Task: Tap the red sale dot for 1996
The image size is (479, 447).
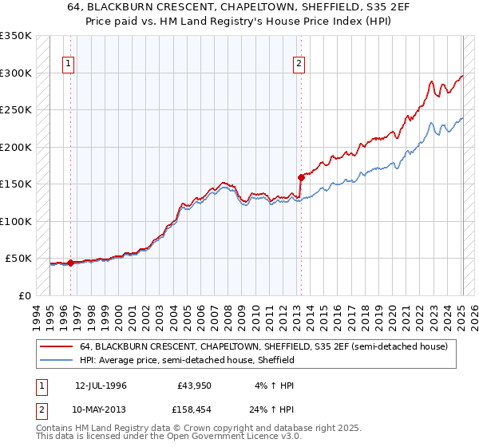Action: point(70,263)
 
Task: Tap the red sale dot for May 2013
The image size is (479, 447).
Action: point(301,177)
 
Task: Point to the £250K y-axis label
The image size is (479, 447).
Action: point(16,109)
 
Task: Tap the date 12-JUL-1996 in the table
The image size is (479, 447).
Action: point(101,385)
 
